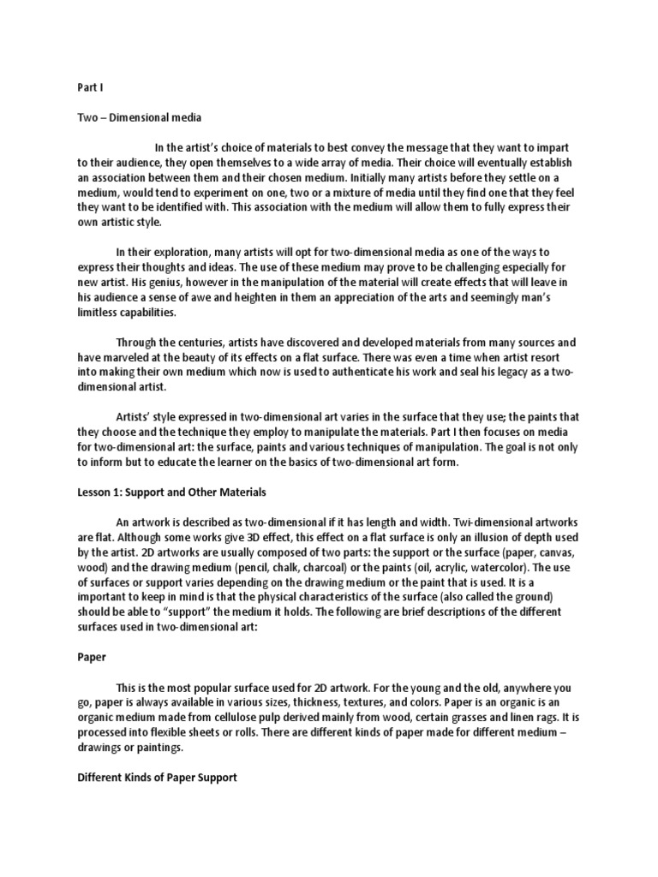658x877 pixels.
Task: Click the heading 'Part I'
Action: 88,87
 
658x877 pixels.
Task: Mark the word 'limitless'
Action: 100,313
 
